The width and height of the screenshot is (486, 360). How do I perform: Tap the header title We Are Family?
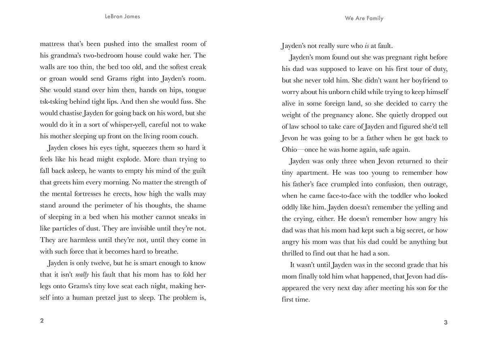point(364,18)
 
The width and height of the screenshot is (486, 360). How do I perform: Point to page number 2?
point(42,321)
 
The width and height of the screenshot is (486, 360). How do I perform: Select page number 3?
point(446,323)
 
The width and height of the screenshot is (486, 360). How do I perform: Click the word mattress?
point(54,44)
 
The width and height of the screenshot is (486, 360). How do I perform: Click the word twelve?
point(111,263)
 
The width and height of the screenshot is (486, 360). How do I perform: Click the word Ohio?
point(292,150)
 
